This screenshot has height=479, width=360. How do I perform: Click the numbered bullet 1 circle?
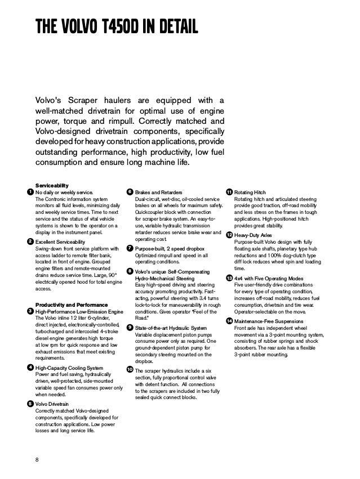(30, 193)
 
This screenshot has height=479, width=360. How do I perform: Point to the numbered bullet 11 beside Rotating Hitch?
(229, 193)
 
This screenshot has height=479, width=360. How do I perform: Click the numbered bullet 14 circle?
(229, 321)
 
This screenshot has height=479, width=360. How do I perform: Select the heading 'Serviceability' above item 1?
(52, 185)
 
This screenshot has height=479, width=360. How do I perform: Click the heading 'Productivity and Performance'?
(68, 305)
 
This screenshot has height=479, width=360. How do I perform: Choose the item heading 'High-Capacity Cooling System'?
(69, 368)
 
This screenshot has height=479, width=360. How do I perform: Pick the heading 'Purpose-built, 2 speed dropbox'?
(170, 248)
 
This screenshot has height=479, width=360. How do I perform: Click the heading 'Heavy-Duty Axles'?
(255, 234)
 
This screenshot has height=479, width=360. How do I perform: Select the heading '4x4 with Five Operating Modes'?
(268, 279)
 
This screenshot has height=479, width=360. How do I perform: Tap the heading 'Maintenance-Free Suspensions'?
(270, 321)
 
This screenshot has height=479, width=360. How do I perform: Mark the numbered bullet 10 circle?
(130, 369)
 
